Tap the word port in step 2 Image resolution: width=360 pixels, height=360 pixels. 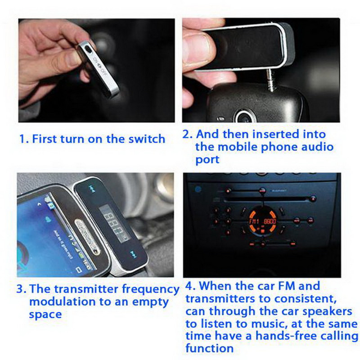click(207, 160)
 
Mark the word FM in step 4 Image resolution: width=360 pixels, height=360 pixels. click(282, 286)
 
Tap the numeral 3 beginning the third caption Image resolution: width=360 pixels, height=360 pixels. click(20, 289)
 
